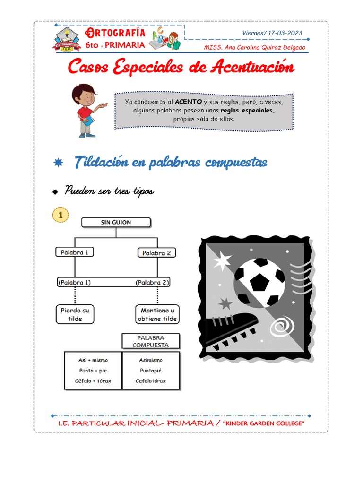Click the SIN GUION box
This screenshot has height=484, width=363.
point(116,223)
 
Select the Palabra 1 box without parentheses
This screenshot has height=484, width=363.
point(75,252)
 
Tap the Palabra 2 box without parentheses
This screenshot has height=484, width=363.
point(156,253)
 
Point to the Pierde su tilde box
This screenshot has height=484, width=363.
point(75,314)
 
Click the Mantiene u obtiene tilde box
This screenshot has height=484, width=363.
point(157,314)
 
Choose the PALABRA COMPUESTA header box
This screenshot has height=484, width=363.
point(151,341)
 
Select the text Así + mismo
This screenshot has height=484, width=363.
point(93,360)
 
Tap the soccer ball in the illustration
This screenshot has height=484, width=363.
point(259,282)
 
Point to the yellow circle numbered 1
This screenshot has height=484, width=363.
point(60,215)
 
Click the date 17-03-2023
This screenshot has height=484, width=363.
point(285,33)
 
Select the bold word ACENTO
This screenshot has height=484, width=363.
point(188,102)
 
